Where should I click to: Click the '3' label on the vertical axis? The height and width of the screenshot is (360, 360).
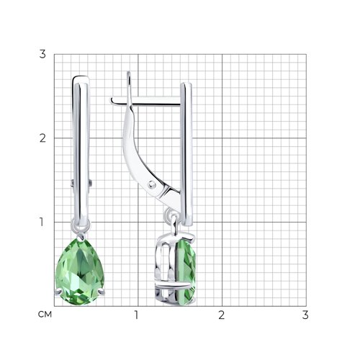tap(42, 54)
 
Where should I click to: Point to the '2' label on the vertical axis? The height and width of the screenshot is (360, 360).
tap(42, 138)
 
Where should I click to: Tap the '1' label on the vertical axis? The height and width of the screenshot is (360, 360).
tap(42, 222)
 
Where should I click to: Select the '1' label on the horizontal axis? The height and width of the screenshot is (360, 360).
tap(137, 315)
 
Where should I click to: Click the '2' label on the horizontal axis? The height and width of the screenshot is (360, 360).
tap(222, 315)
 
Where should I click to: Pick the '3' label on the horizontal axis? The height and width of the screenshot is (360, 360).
tap(305, 315)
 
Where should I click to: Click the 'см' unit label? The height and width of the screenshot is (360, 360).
tap(45, 315)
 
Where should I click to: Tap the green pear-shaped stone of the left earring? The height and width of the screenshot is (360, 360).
tap(80, 272)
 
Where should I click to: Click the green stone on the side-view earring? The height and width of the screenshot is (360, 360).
tap(186, 272)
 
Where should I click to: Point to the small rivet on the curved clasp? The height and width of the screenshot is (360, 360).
tap(152, 184)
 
